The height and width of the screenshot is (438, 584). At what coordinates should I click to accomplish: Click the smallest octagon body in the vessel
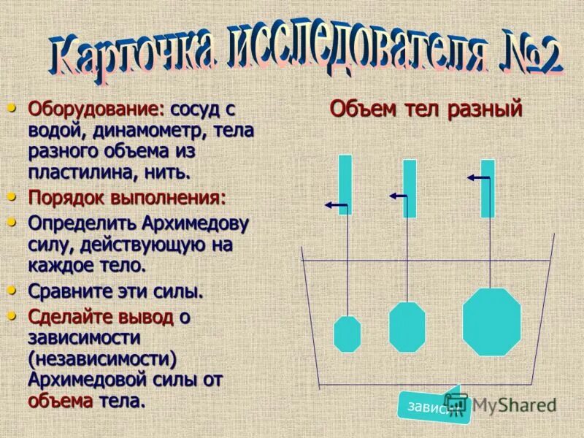click(x=347, y=334)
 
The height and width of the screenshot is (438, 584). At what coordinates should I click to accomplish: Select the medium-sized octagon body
click(x=407, y=326)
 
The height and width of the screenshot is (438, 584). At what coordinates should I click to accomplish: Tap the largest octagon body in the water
click(x=492, y=322)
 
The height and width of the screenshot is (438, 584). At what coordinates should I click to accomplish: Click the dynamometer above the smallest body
click(x=345, y=184)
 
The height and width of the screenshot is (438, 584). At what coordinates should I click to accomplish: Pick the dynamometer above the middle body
click(x=410, y=188)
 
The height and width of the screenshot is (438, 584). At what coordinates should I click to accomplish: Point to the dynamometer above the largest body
click(x=488, y=188)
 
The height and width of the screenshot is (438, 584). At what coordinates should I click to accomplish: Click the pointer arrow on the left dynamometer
click(x=336, y=207)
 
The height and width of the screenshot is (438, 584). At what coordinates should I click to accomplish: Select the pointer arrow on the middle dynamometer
click(x=399, y=196)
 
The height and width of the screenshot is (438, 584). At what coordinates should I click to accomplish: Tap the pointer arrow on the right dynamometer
click(x=479, y=177)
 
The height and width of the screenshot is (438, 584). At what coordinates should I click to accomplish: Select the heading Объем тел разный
click(x=426, y=109)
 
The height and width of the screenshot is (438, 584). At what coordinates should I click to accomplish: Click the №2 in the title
click(x=531, y=58)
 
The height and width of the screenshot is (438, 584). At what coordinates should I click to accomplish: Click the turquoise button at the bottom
click(x=431, y=406)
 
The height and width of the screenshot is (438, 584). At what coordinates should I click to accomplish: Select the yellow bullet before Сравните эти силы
click(x=11, y=290)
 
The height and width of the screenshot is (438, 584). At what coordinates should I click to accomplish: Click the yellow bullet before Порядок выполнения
click(x=11, y=196)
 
